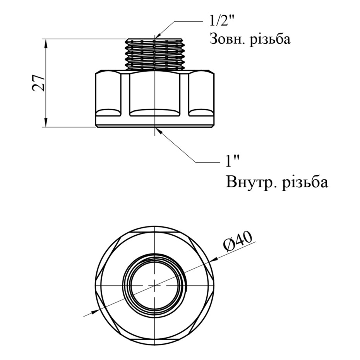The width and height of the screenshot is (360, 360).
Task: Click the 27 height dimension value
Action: pyautogui.click(x=38, y=83)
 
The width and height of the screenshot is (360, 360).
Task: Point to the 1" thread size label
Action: pyautogui.click(x=232, y=162)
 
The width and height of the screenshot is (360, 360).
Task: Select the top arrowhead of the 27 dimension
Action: pyautogui.click(x=46, y=43)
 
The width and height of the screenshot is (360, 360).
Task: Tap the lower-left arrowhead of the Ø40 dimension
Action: pyautogui.click(x=96, y=311)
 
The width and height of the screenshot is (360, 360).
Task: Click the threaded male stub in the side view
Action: pyautogui.click(x=155, y=54)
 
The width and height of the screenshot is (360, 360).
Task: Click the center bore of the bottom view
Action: pyautogui.click(x=155, y=285)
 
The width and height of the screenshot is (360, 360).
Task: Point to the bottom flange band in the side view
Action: pyautogui.click(x=155, y=121)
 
